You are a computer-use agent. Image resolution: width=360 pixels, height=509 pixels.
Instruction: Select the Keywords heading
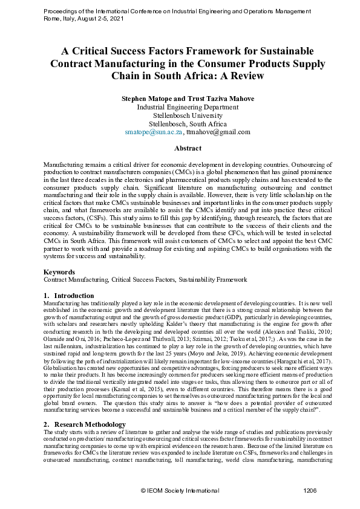tap(59, 273)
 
